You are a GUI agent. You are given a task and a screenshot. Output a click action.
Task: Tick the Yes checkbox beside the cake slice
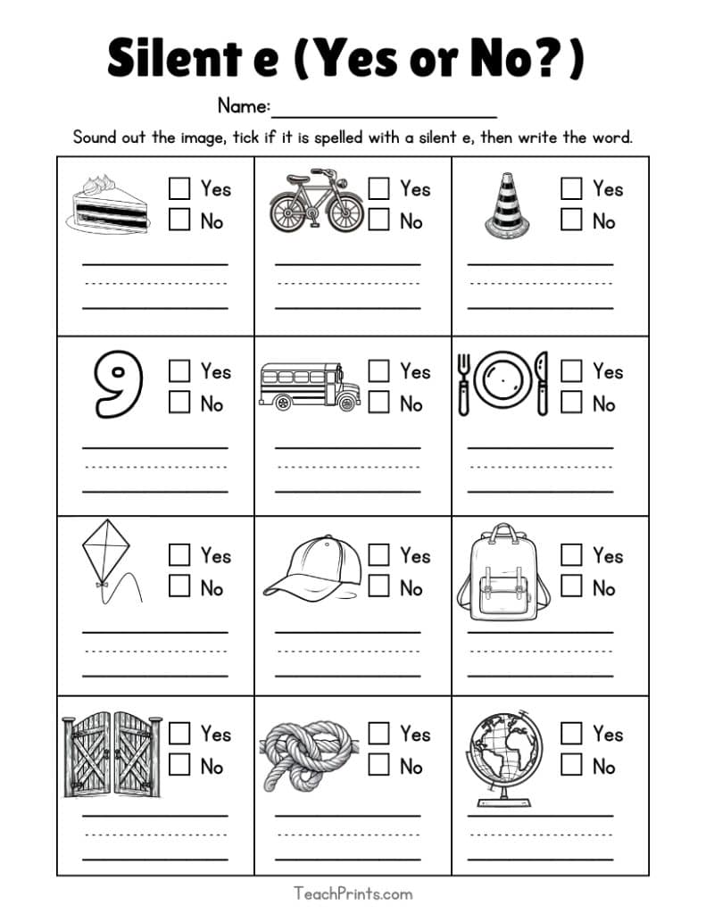pos(179,188)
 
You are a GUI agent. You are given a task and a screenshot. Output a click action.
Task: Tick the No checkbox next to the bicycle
pos(379,220)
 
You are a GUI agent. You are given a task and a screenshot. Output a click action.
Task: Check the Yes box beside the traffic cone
pos(571,188)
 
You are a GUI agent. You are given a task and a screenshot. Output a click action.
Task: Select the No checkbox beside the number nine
pos(179,403)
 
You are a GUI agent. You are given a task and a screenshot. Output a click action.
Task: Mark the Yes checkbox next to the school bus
pos(379,370)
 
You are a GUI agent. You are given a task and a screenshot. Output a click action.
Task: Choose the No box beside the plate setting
pos(571,403)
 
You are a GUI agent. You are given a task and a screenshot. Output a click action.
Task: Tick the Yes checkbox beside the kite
pos(179,554)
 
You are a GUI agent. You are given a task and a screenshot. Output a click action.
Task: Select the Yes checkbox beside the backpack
pos(571,554)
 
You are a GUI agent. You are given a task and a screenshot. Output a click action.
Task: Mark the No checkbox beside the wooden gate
pos(179,765)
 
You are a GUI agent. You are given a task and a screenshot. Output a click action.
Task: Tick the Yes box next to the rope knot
pos(379,734)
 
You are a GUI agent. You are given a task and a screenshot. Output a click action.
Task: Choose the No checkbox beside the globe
pos(571,765)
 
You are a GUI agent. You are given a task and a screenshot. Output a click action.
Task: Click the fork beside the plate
pos(463,384)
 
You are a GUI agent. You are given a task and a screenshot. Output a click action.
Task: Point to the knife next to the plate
pos(540,384)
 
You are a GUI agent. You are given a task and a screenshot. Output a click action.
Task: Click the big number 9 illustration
pos(119,385)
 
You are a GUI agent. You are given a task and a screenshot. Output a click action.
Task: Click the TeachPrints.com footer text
pos(353,893)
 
